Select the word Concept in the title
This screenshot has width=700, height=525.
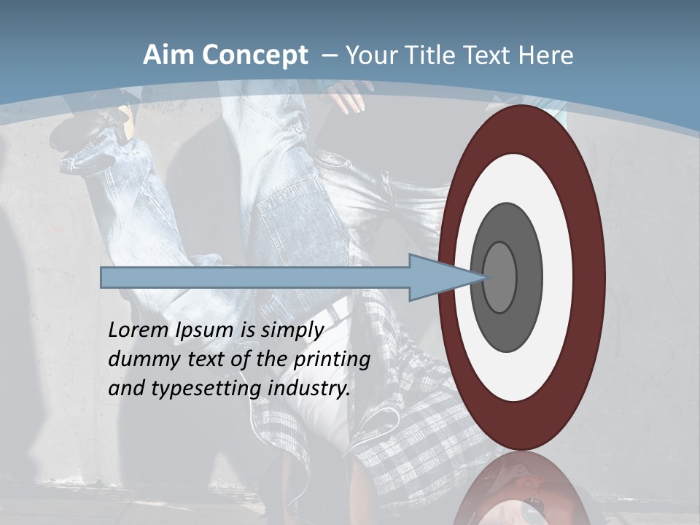click(254, 55)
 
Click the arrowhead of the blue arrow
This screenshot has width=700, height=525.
click(437, 277)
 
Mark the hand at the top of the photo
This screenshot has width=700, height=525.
click(350, 97)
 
